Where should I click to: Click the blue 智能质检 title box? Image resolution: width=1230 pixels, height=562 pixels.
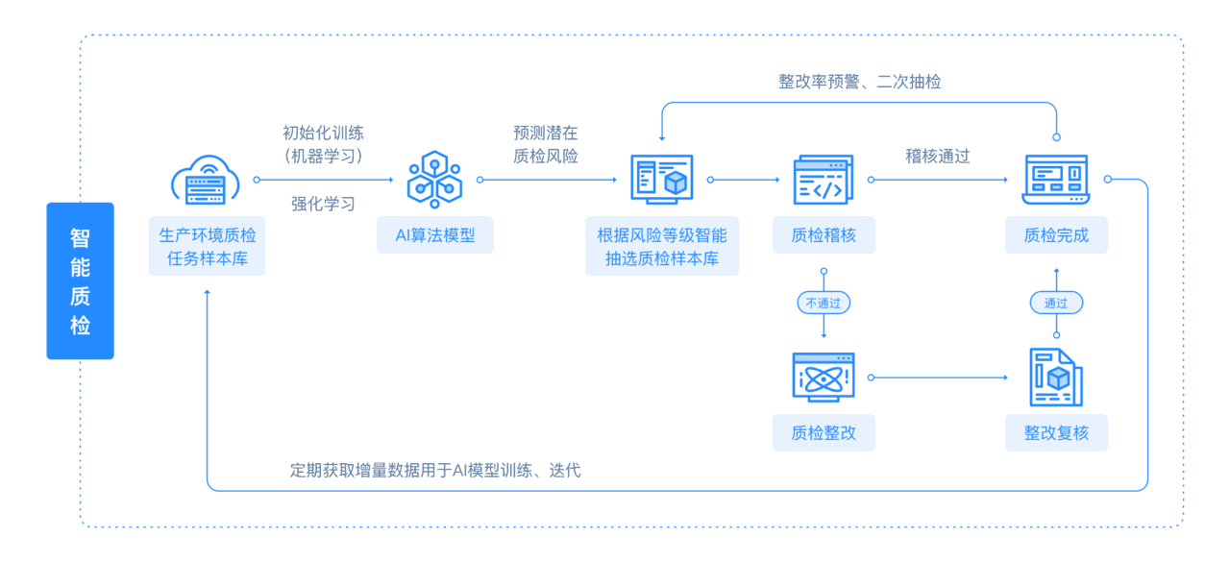pos(80,281)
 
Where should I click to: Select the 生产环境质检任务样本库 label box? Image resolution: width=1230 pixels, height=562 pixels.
pos(207,247)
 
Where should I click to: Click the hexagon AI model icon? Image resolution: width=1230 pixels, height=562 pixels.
pos(434,179)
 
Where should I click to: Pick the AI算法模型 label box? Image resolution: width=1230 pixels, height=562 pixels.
pos(435,234)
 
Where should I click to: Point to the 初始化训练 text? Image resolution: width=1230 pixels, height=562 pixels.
pos(323,134)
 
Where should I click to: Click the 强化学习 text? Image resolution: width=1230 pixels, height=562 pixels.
pos(323,204)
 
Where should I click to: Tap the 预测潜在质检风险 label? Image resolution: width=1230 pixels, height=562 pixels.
pos(546,144)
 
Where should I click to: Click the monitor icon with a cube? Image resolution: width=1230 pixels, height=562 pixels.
pos(662,180)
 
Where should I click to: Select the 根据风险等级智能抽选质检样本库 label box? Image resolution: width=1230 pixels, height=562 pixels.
pos(662,247)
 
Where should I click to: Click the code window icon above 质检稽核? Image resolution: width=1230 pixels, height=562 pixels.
pos(823,180)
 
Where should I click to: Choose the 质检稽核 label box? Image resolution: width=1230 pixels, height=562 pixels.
pos(824,234)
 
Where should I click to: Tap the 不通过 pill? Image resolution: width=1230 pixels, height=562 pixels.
pos(824,304)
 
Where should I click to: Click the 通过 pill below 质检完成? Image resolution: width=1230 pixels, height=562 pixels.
pos(1056,304)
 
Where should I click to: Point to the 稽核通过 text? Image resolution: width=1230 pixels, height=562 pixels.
pos(938,156)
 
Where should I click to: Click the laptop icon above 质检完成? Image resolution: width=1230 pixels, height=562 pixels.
pos(1055,180)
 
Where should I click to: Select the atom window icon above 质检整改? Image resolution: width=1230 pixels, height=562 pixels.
pos(824,377)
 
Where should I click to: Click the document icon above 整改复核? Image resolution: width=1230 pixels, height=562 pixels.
pos(1055,377)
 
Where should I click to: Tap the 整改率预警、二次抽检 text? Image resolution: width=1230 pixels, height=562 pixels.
pos(859,83)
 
